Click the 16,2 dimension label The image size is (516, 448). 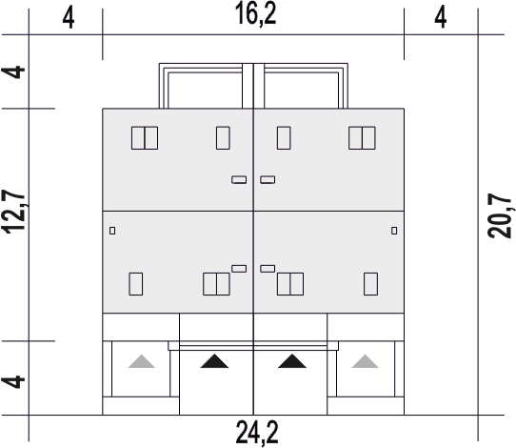(256, 15)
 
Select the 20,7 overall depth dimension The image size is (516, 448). (499, 215)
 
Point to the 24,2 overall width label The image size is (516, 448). (257, 433)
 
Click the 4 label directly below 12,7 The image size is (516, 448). (13, 382)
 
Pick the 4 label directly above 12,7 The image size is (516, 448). (13, 72)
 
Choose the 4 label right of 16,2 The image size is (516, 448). (440, 17)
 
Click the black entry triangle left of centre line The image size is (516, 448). (214, 361)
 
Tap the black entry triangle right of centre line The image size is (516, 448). (292, 361)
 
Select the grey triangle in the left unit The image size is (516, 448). (142, 361)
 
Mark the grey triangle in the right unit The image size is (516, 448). (365, 361)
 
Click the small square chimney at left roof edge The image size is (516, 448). (112, 231)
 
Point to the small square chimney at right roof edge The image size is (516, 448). (394, 231)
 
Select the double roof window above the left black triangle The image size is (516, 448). (216, 284)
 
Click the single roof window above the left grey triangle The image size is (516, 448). (135, 284)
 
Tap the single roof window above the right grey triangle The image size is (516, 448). (371, 284)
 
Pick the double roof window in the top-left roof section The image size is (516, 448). (145, 138)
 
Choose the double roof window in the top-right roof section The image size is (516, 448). (362, 138)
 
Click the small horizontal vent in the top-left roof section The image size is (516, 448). (239, 179)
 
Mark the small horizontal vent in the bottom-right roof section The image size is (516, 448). (268, 269)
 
